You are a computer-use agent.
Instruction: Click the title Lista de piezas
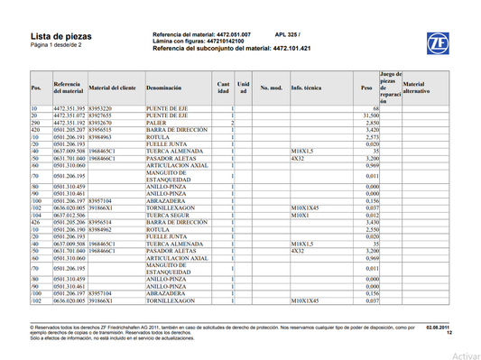pyautogui.click(x=57, y=33)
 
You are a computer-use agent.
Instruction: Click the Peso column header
pyautogui.click(x=366, y=89)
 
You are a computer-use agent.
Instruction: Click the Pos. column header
pyautogui.click(x=37, y=89)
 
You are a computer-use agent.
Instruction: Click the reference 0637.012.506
pyautogui.click(x=69, y=216)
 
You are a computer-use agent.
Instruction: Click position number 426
pyautogui.click(x=38, y=222)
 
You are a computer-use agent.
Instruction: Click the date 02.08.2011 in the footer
pyautogui.click(x=437, y=328)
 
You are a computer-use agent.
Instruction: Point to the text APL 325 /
pyautogui.click(x=289, y=31)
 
